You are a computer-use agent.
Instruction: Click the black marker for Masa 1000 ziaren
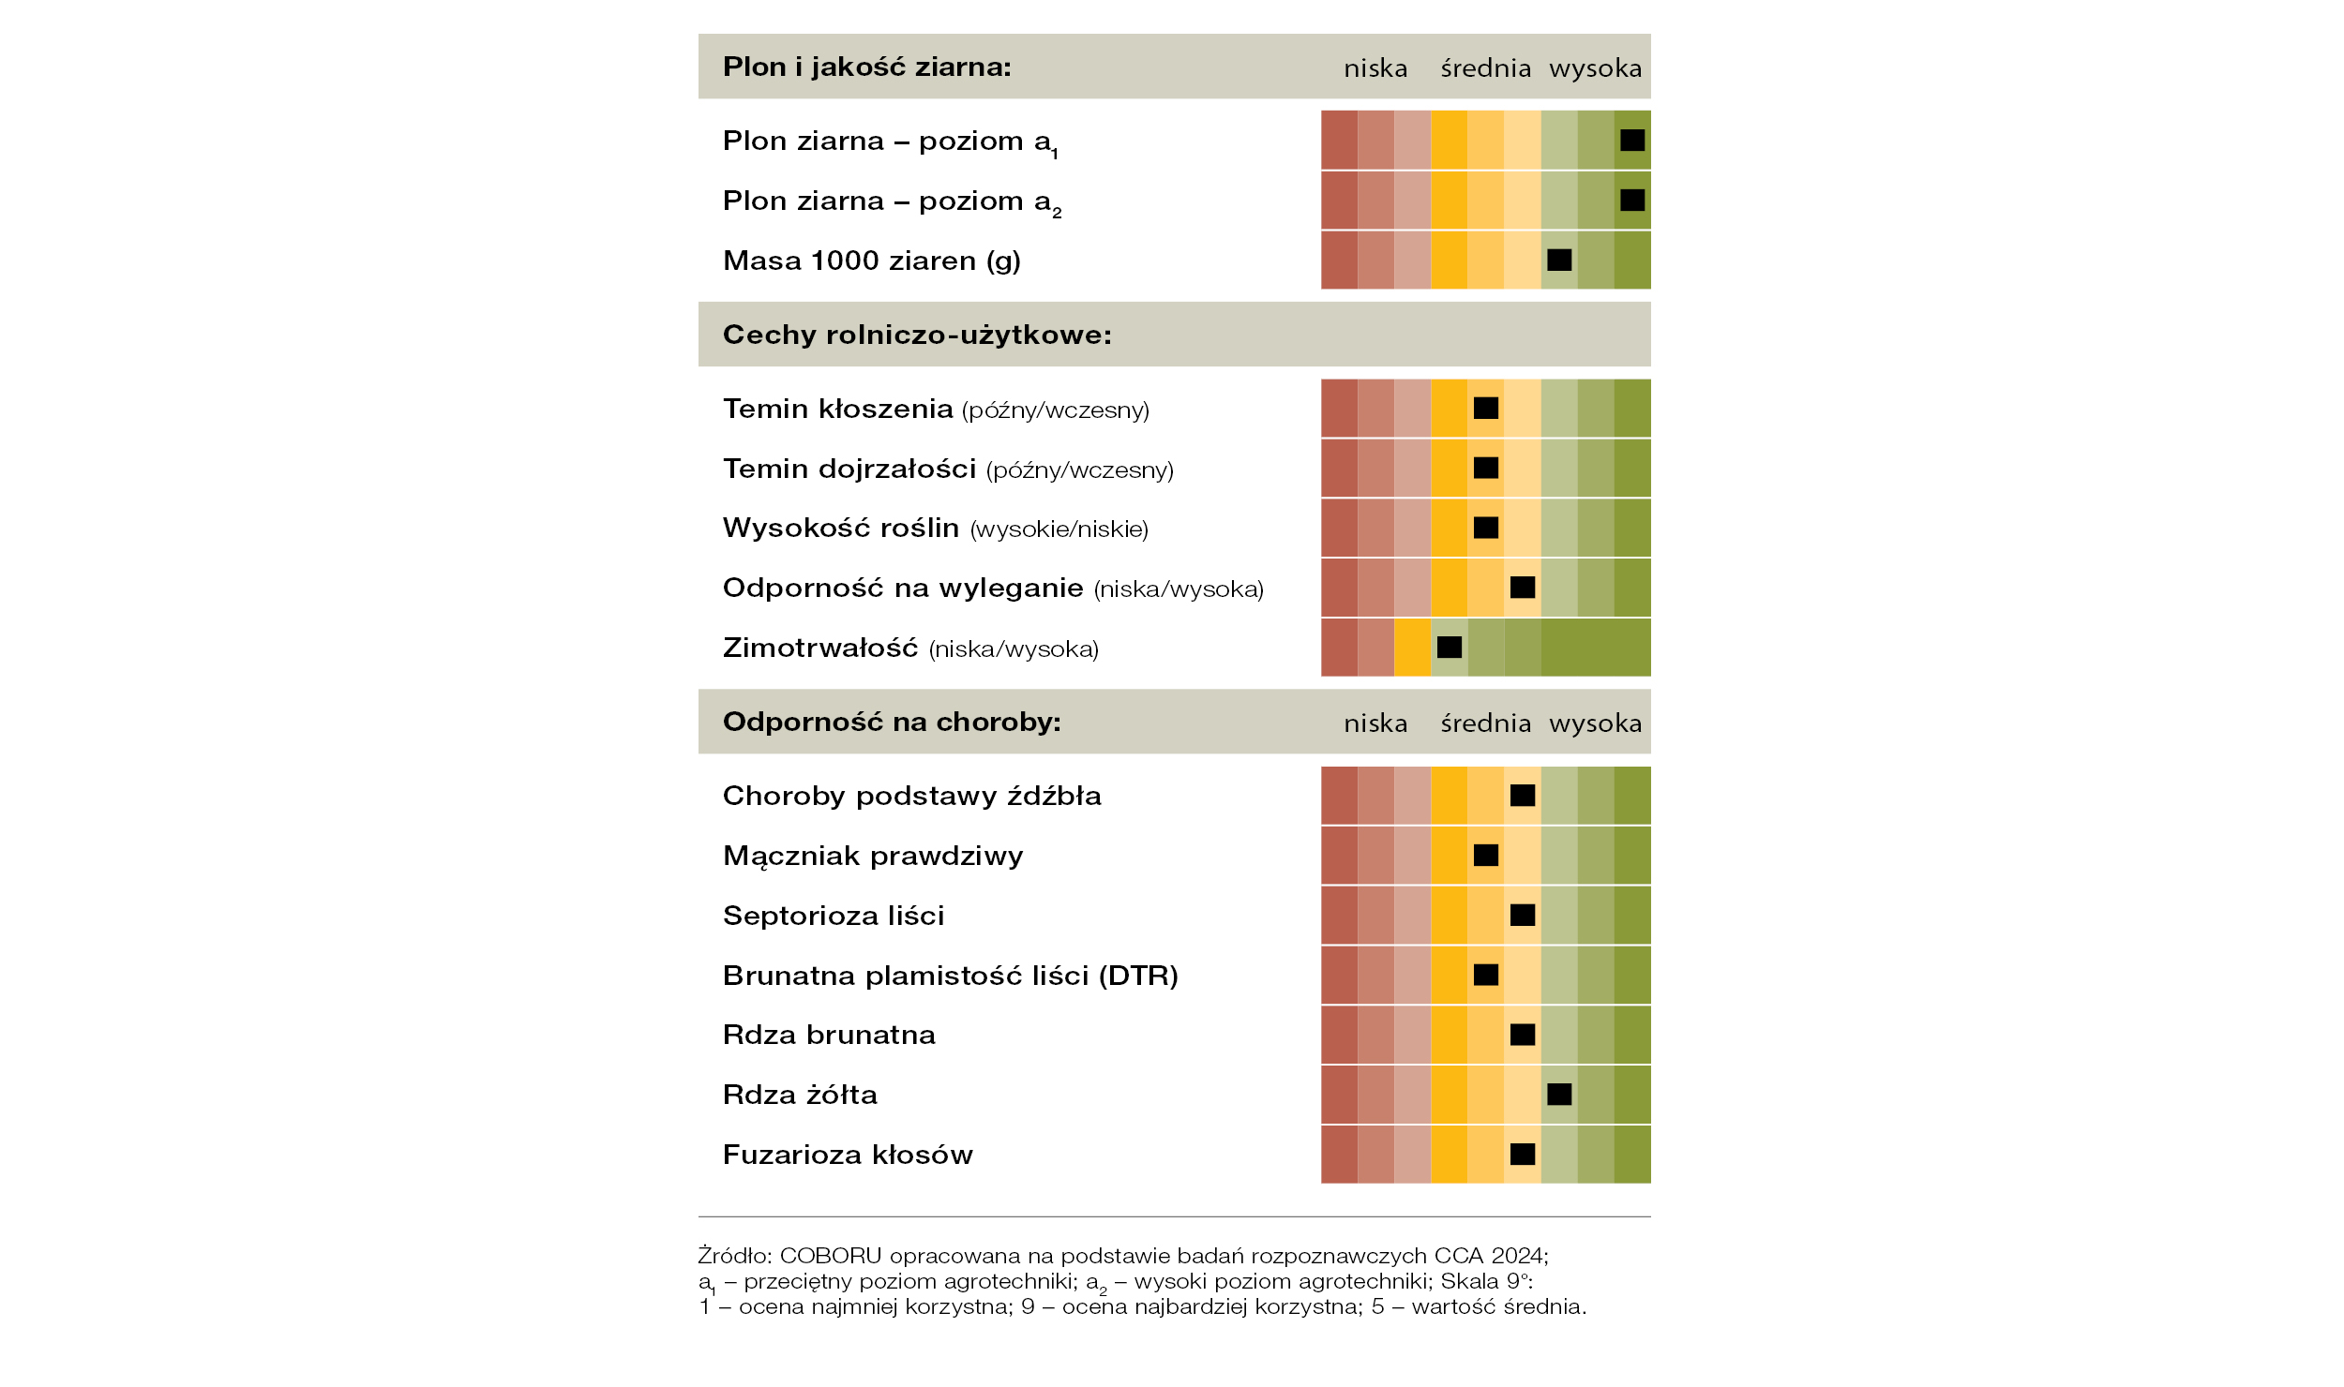pos(1559,260)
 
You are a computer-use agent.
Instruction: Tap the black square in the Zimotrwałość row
pos(1450,647)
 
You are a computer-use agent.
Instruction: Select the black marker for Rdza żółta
pos(1559,1094)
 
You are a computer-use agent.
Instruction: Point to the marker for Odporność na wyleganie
pos(1523,587)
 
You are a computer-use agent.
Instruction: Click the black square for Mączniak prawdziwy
pos(1486,855)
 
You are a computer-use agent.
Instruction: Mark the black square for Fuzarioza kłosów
pos(1523,1154)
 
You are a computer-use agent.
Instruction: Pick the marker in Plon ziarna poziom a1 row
pos(1632,140)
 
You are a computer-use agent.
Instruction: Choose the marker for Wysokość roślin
pos(1486,528)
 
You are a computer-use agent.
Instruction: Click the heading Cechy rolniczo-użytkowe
pos(917,335)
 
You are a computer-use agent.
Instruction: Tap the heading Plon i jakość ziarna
pos(867,67)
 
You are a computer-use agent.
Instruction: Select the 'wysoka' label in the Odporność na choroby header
pos(1596,723)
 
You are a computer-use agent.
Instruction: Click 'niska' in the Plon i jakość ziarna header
pos(1375,68)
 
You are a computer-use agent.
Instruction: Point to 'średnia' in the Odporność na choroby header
pos(1486,723)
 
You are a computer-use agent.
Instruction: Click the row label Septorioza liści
pos(834,916)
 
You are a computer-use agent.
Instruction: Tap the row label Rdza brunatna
pos(830,1035)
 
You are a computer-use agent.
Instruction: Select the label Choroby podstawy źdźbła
pos(912,796)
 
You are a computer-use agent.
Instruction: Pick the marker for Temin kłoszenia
pos(1486,408)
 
